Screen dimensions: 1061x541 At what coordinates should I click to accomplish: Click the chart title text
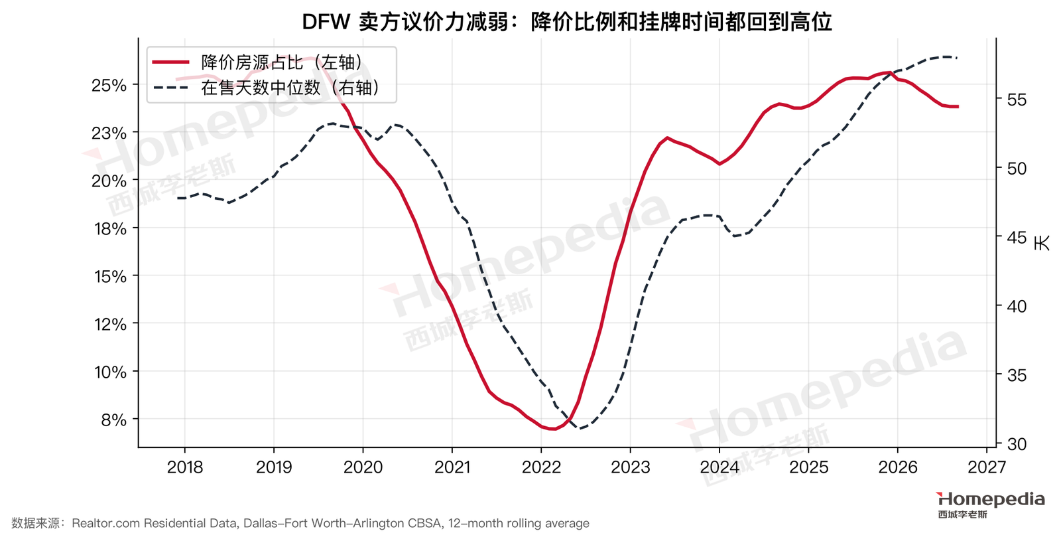pyautogui.click(x=567, y=22)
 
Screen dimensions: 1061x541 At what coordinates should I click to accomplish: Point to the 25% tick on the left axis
pyautogui.click(x=109, y=86)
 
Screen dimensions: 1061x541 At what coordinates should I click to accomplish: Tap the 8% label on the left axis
pyautogui.click(x=113, y=420)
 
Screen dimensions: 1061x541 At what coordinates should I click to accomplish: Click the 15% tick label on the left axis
pyautogui.click(x=110, y=276)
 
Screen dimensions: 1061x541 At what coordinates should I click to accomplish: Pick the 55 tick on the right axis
pyautogui.click(x=1017, y=100)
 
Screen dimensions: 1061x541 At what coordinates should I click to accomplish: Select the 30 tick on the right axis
pyautogui.click(x=1017, y=444)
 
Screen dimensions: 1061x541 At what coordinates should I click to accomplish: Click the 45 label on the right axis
pyautogui.click(x=1017, y=238)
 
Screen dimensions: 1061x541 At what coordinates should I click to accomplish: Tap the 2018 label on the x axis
pyautogui.click(x=185, y=467)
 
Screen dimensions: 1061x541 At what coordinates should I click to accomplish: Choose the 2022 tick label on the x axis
pyautogui.click(x=541, y=467)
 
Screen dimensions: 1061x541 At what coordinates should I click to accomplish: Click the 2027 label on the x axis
pyautogui.click(x=987, y=467)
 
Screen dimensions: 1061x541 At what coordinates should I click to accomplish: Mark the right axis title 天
pyautogui.click(x=1042, y=242)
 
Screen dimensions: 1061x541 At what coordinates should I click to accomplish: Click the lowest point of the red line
pyautogui.click(x=553, y=429)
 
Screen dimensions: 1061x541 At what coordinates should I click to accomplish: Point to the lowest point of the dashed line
pyautogui.click(x=580, y=429)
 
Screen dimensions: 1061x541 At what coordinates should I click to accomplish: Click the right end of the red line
pyautogui.click(x=958, y=107)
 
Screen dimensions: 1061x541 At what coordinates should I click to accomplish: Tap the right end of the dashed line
pyautogui.click(x=958, y=58)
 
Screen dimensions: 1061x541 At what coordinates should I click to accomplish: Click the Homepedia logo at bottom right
pyautogui.click(x=991, y=504)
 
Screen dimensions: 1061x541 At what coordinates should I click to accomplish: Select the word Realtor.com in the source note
pyautogui.click(x=106, y=524)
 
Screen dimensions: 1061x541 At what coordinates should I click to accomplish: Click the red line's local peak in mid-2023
pyautogui.click(x=667, y=138)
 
